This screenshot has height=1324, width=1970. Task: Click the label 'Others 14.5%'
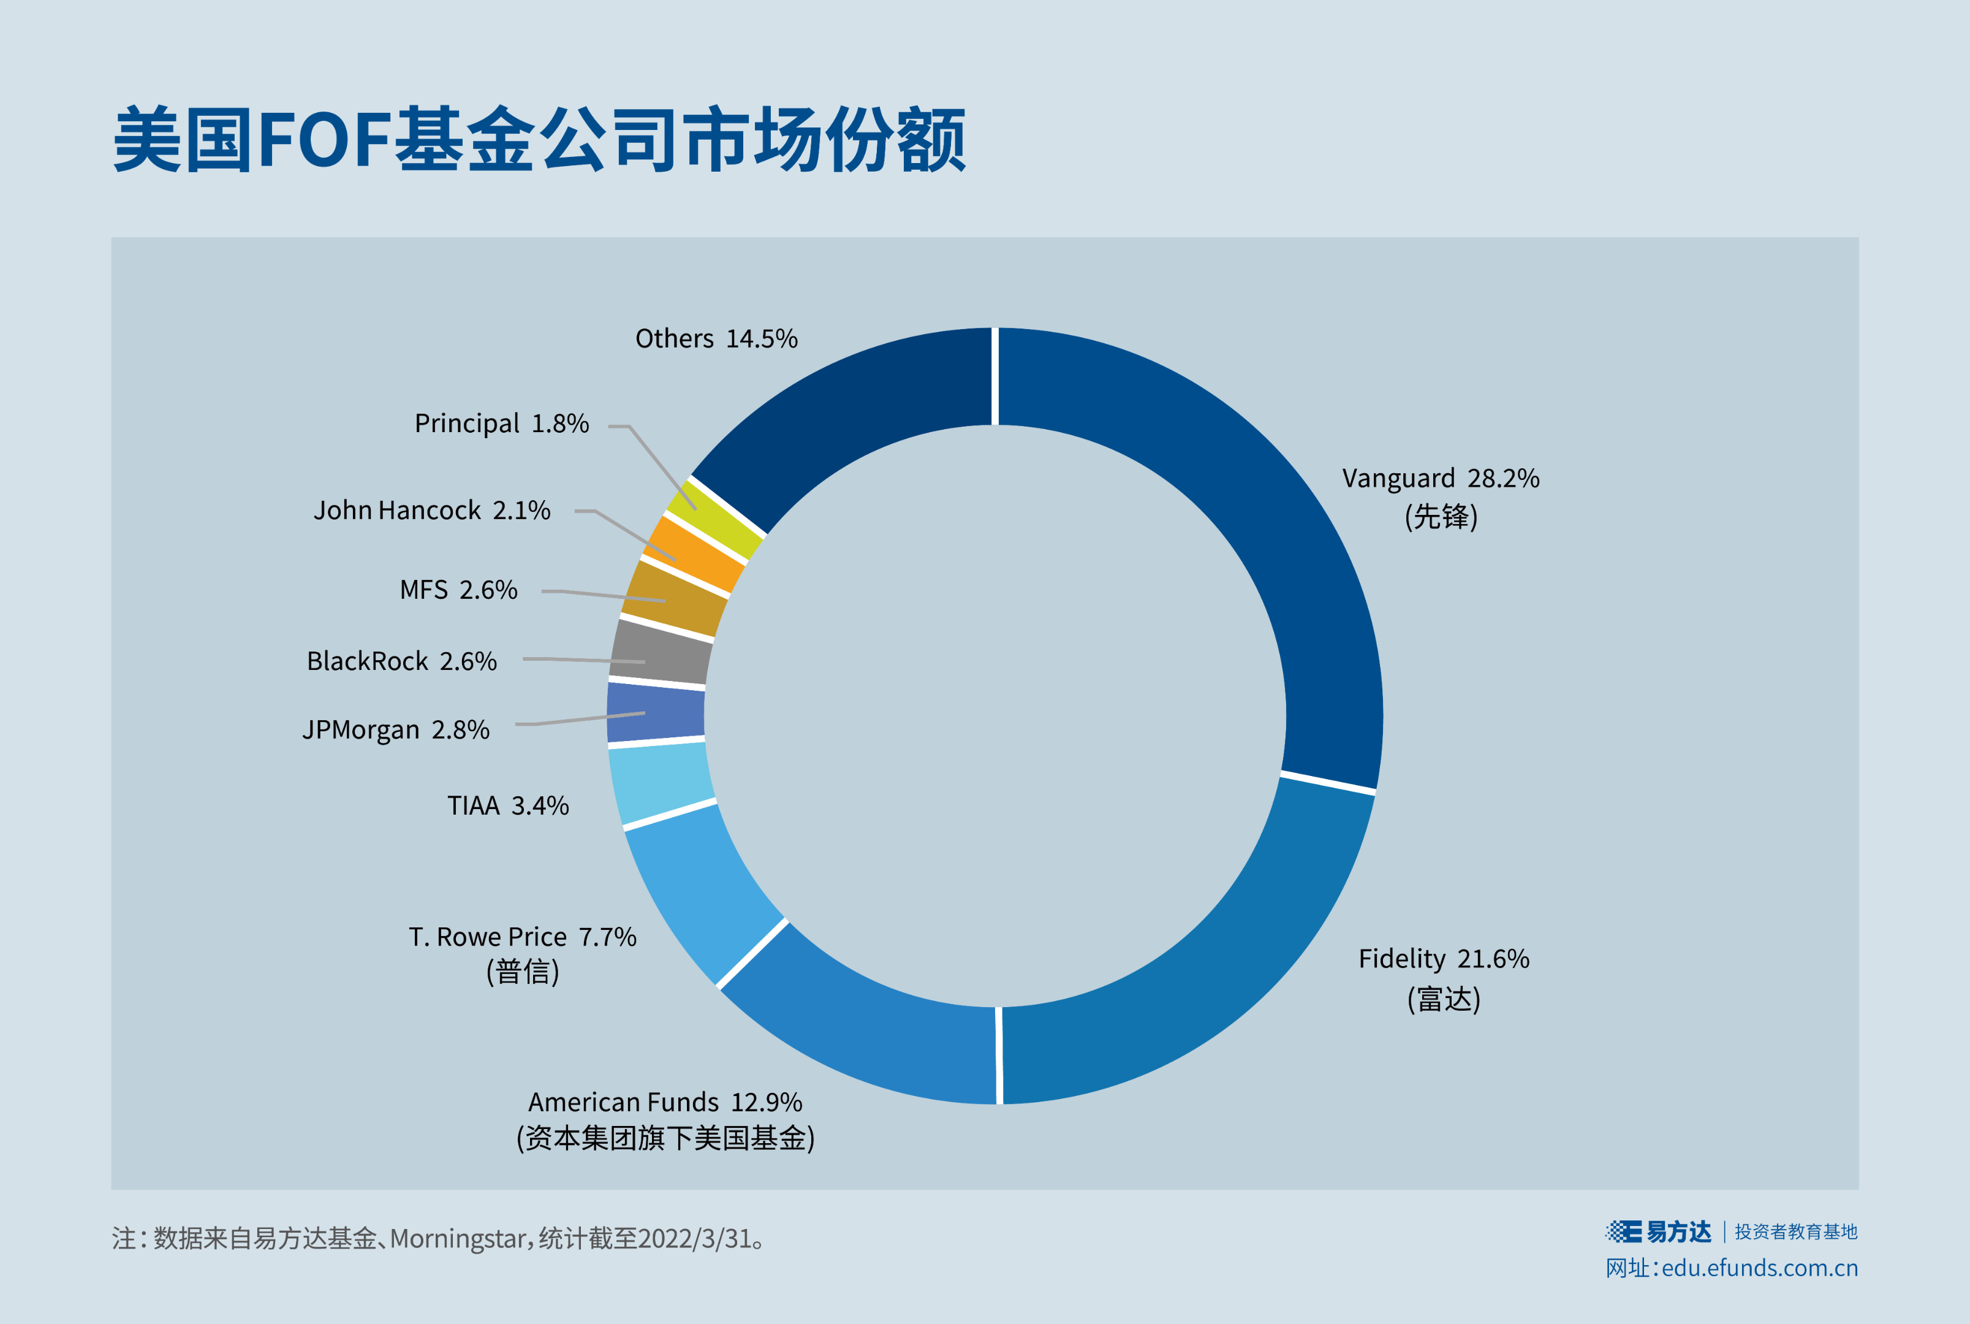coord(716,338)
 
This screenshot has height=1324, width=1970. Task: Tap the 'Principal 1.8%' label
coord(501,423)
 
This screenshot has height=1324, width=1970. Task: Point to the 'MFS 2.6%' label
coord(458,590)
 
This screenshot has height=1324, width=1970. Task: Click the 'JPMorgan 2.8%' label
coord(396,729)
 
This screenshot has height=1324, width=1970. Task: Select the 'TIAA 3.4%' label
coord(508,805)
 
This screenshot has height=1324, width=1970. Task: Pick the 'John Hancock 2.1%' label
coord(432,510)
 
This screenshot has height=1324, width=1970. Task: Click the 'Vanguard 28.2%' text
coord(1441,479)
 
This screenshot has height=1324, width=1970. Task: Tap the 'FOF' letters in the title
coord(324,139)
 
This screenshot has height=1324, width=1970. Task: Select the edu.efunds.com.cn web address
coord(1759,1268)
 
